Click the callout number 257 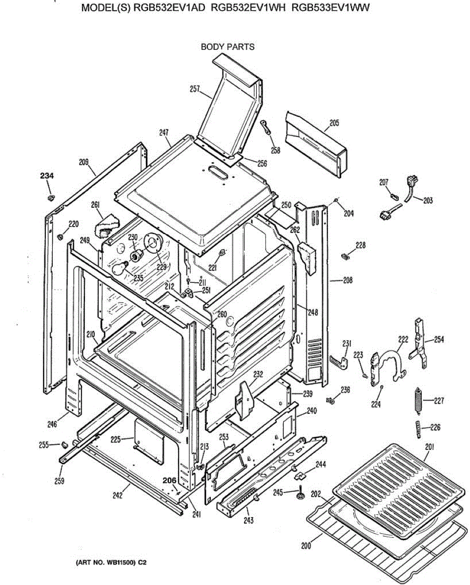pyautogui.click(x=195, y=89)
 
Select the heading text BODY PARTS pyautogui.click(x=227, y=47)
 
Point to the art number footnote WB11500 pyautogui.click(x=110, y=563)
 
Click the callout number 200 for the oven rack pyautogui.click(x=306, y=546)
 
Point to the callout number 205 pyautogui.click(x=334, y=123)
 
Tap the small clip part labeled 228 pyautogui.click(x=346, y=255)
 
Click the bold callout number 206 pyautogui.click(x=169, y=480)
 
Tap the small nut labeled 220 pyautogui.click(x=60, y=236)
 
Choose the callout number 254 pyautogui.click(x=439, y=339)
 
